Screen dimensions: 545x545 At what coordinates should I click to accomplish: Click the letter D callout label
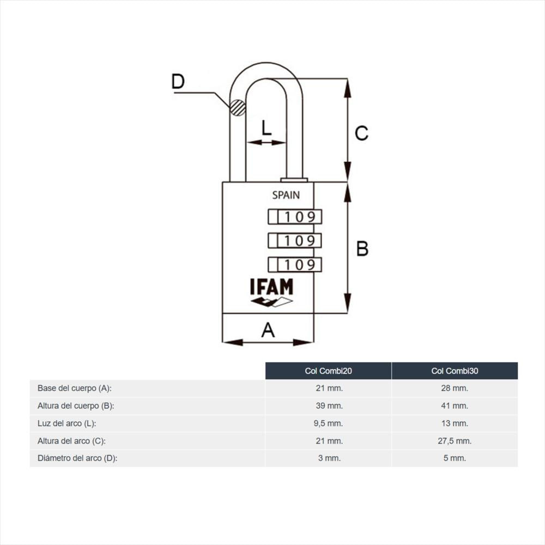178,82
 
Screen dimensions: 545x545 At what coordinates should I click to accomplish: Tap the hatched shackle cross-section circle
238,107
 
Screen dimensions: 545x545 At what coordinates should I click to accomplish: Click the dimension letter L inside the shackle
267,128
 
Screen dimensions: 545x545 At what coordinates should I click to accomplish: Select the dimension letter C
361,133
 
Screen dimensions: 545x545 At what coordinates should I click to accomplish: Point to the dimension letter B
362,249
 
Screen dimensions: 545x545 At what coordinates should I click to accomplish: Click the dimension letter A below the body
268,330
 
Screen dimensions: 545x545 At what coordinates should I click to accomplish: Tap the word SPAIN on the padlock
286,195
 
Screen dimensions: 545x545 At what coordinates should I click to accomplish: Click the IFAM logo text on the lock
272,287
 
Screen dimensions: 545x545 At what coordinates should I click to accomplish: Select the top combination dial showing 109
295,217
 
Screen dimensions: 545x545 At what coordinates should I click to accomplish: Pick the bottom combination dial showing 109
295,264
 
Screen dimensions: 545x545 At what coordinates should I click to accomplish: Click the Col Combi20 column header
329,371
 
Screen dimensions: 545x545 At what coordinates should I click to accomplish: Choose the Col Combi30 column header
455,371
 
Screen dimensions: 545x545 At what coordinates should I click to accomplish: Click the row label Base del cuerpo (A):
74,388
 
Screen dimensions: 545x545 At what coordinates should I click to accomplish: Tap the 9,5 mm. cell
329,423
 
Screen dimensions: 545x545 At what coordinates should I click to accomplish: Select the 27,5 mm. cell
455,441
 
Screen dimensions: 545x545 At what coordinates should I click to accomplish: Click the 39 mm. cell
329,405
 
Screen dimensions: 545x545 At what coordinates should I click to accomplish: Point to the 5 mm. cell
455,458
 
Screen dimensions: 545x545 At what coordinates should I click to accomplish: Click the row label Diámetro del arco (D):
77,458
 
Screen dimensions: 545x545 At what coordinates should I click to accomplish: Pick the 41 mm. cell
455,405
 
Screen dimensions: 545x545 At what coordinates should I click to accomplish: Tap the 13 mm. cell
455,423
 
